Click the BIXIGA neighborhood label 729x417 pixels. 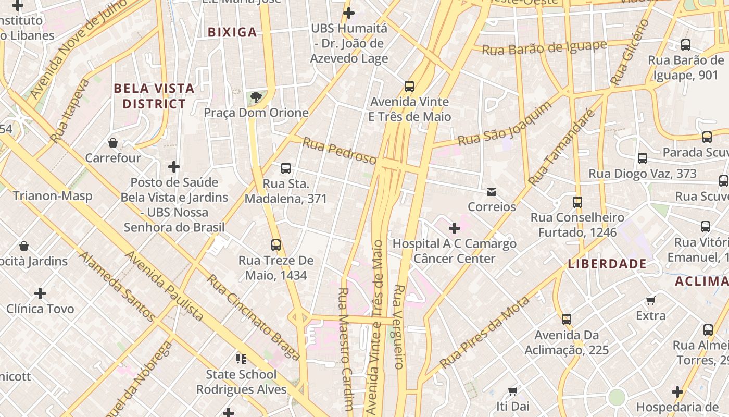point(232,32)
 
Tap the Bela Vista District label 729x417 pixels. point(154,96)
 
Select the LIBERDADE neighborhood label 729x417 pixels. point(607,264)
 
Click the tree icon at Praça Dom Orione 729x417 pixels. point(256,97)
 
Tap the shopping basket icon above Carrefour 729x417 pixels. point(113,142)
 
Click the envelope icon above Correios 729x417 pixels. point(492,192)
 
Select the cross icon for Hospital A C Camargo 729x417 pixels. point(455,228)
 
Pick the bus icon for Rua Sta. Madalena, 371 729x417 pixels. point(286,168)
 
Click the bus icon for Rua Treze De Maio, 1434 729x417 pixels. point(276,244)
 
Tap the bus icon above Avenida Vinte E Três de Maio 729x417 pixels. point(409,86)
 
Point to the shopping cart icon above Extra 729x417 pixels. point(650,300)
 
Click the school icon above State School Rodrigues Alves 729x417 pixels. point(241,359)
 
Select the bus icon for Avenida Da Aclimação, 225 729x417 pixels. point(567,319)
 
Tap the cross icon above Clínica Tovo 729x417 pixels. point(40,293)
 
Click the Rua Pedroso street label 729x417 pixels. point(339,151)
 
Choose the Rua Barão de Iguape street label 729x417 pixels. point(544,48)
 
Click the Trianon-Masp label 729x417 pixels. point(53,196)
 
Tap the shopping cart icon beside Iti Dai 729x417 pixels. point(512,391)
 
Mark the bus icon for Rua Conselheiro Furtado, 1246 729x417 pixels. point(577,202)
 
